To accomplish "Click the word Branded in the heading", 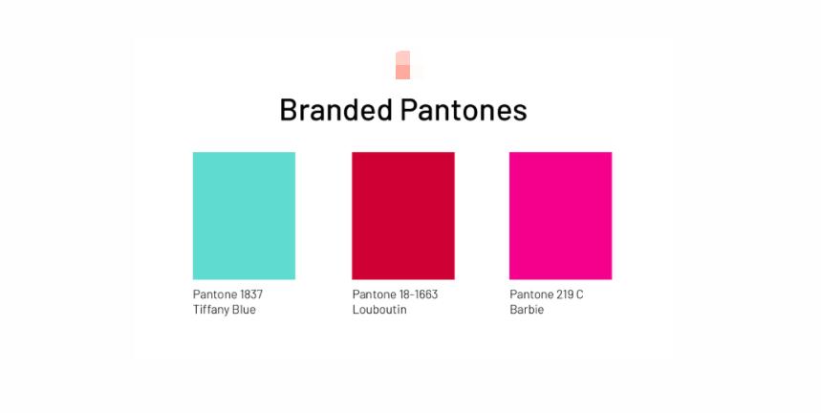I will click(x=335, y=110).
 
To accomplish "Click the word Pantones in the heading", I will click(x=464, y=110).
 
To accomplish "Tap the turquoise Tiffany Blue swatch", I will click(x=244, y=215).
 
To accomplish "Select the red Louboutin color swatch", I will click(x=403, y=215).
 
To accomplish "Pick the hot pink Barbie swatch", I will click(x=561, y=215).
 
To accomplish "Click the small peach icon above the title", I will click(x=402, y=64).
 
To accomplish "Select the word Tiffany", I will click(x=210, y=310).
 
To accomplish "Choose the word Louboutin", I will click(x=379, y=310).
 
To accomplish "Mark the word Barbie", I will click(x=527, y=310).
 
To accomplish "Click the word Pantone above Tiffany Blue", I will click(x=214, y=294).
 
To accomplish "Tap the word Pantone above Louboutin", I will click(x=373, y=294).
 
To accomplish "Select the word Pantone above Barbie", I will click(x=530, y=294).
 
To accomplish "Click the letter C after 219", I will click(x=579, y=294).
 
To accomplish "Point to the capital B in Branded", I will click(x=288, y=110).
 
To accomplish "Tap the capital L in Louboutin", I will click(x=356, y=310).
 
